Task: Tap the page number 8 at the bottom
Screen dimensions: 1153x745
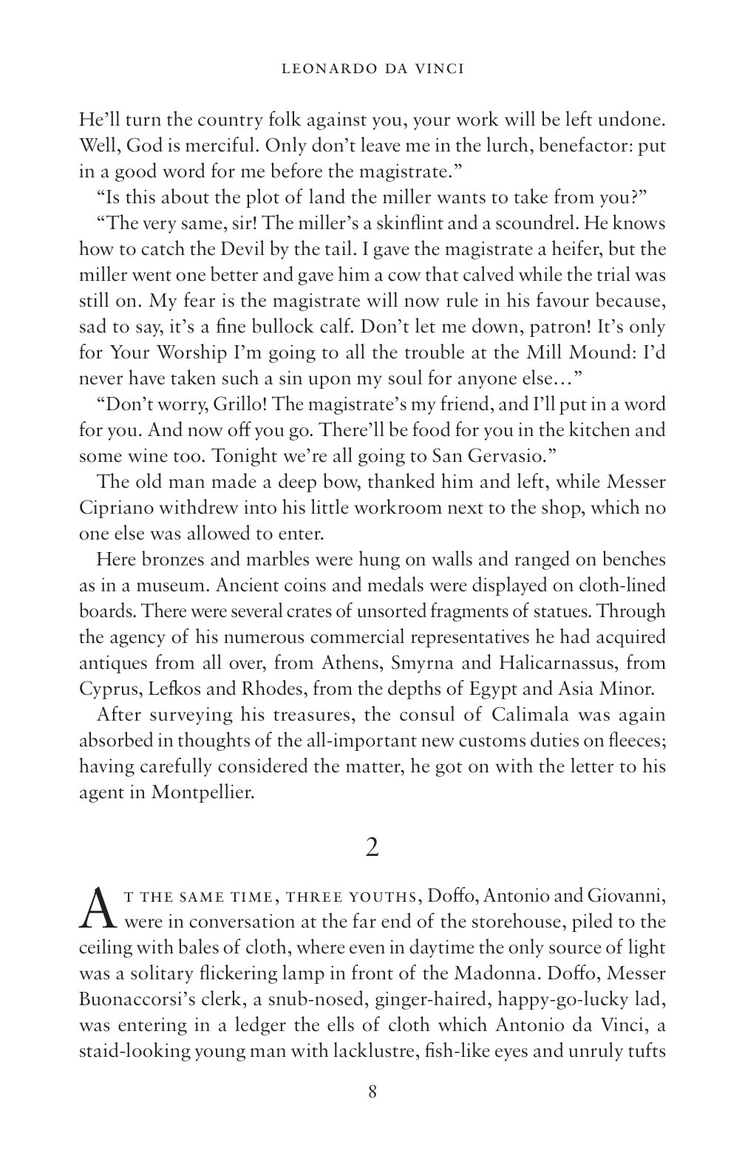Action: [372, 1091]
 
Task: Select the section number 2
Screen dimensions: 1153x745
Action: [372, 847]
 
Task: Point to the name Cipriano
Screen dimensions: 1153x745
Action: [119, 509]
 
